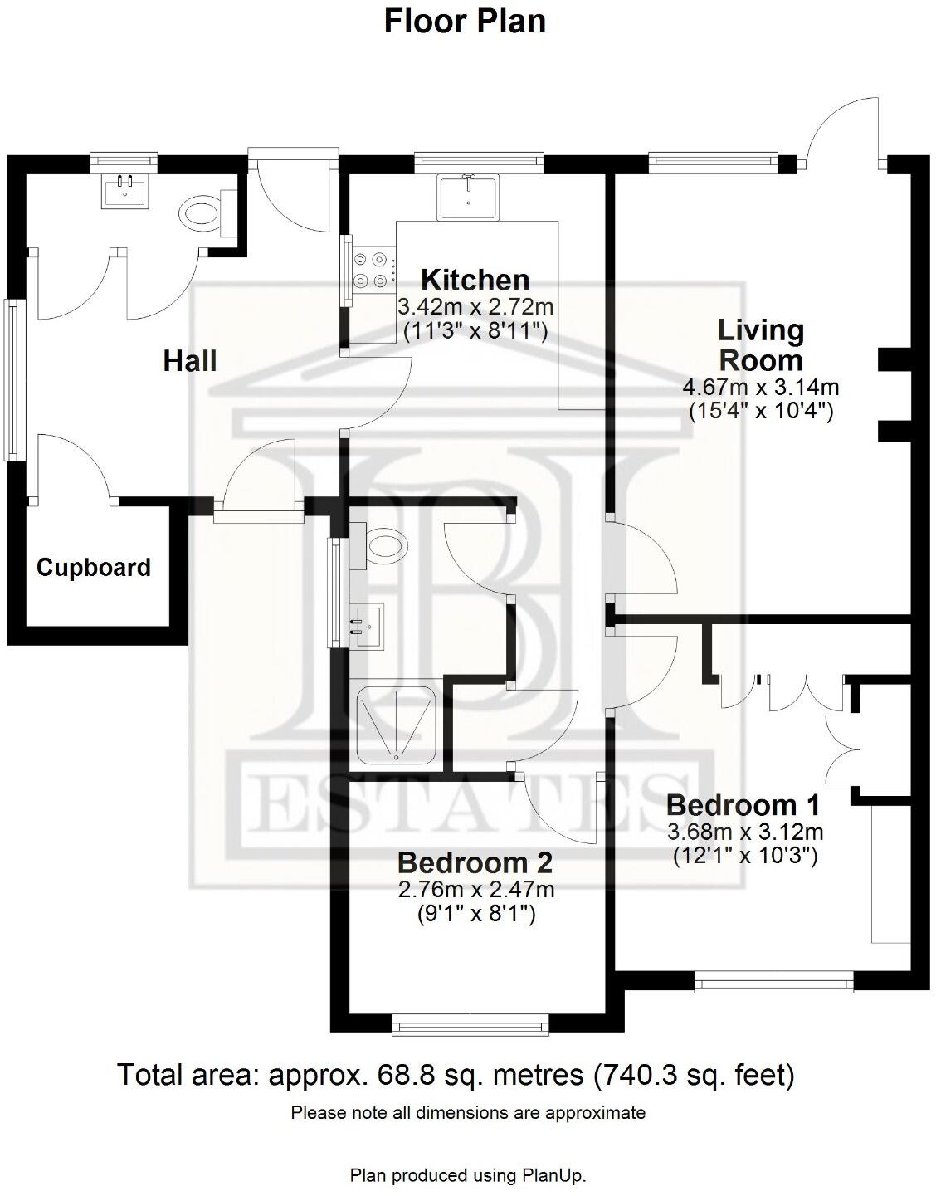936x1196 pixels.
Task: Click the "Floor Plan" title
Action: click(x=465, y=21)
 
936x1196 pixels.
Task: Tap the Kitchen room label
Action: click(x=475, y=280)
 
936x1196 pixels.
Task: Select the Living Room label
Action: click(x=761, y=345)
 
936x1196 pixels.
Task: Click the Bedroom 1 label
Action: click(x=743, y=805)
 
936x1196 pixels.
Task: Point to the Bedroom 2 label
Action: click(x=475, y=863)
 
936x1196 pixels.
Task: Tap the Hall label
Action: click(x=190, y=361)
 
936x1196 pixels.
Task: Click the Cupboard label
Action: click(x=94, y=568)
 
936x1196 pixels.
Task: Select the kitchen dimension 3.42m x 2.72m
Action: click(x=475, y=306)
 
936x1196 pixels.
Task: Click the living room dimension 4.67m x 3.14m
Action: click(x=761, y=387)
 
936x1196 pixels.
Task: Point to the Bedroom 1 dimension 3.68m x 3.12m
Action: click(x=745, y=832)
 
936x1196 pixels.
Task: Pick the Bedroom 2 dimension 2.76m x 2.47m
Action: click(x=475, y=890)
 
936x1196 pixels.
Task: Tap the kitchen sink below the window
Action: click(x=469, y=197)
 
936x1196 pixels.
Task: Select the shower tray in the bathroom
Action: click(x=395, y=724)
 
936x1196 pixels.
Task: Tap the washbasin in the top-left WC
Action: click(x=126, y=192)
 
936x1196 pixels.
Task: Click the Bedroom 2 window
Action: click(x=470, y=1027)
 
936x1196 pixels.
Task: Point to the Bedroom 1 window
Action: click(x=774, y=984)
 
